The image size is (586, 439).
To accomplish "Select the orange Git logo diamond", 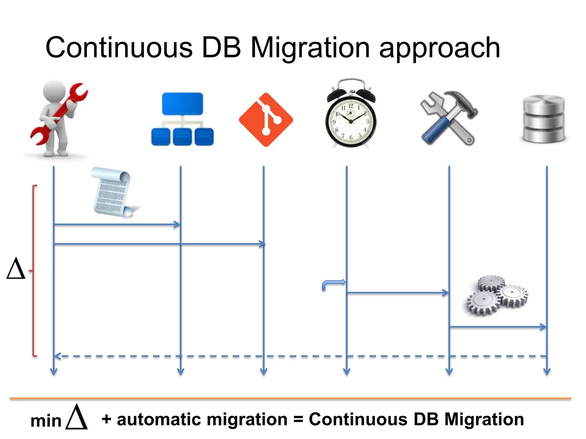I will click(x=266, y=119).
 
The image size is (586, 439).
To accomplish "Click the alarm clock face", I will click(x=351, y=121).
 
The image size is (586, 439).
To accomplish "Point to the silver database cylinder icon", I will click(x=543, y=119).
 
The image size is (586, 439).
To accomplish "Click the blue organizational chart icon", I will click(x=182, y=119).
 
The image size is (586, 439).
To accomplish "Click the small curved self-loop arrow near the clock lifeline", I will click(x=332, y=284).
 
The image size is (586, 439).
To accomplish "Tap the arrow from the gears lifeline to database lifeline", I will click(x=498, y=327).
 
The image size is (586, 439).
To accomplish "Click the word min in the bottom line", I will click(x=46, y=421).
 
